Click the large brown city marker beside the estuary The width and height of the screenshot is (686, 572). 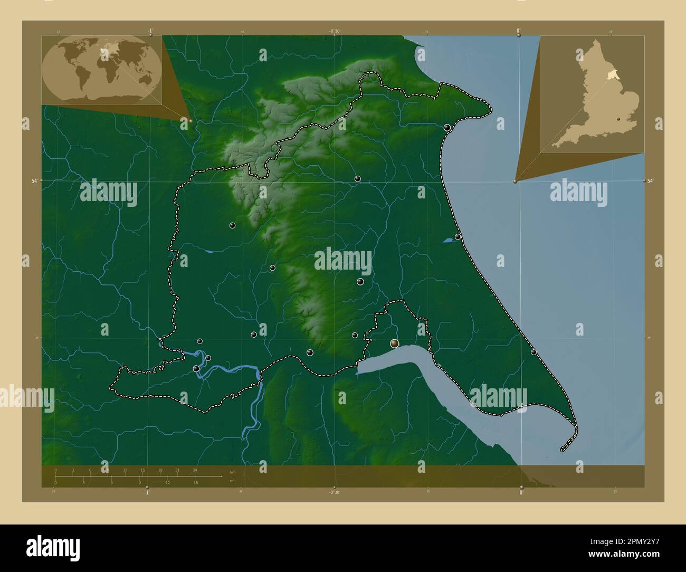click(x=394, y=344)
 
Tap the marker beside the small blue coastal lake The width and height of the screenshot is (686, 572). click(x=458, y=237)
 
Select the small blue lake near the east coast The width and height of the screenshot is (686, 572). click(x=447, y=240)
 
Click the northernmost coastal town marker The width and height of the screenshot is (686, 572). click(x=447, y=128)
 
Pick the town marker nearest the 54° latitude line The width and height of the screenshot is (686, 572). click(x=357, y=179)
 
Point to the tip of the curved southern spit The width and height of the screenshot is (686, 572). click(x=562, y=451)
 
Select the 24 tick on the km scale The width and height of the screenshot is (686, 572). click(x=195, y=470)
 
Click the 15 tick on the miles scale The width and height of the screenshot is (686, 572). click(x=195, y=482)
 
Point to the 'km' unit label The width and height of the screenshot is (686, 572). click(x=233, y=472)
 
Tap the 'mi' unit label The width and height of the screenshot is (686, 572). click(x=232, y=481)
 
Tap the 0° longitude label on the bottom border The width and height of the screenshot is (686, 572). click(x=521, y=492)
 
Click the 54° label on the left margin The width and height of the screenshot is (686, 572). click(x=34, y=180)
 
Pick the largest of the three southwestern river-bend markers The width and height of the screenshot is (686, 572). click(x=197, y=369)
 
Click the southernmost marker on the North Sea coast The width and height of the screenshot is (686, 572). click(x=533, y=352)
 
